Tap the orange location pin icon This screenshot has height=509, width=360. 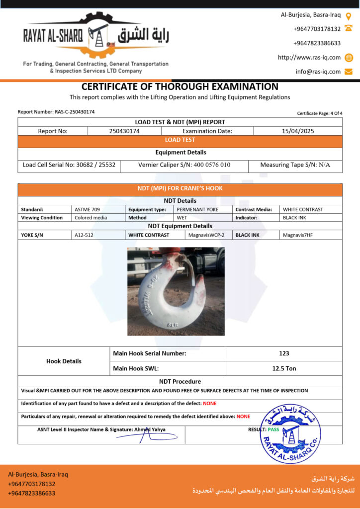tap(349, 15)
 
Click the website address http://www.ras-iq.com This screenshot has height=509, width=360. tap(309, 57)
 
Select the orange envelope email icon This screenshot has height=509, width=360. tap(349, 72)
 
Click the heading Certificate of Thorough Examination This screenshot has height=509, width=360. tap(180, 86)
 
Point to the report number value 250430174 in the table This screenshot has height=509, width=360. tap(124, 131)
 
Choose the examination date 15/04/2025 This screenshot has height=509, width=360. tap(297, 131)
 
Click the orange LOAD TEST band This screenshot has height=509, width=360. tap(180, 140)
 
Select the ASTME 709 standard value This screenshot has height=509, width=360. tap(87, 209)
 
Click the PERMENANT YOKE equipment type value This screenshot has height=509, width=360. tap(197, 209)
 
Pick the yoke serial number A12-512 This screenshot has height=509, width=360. tap(84, 235)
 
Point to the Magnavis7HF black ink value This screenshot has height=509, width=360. tap(297, 235)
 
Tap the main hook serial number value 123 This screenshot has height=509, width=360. tap(284, 353)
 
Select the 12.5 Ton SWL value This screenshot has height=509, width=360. tap(284, 368)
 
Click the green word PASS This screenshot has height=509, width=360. tap(273, 429)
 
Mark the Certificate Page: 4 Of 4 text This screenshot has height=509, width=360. tap(320, 113)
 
